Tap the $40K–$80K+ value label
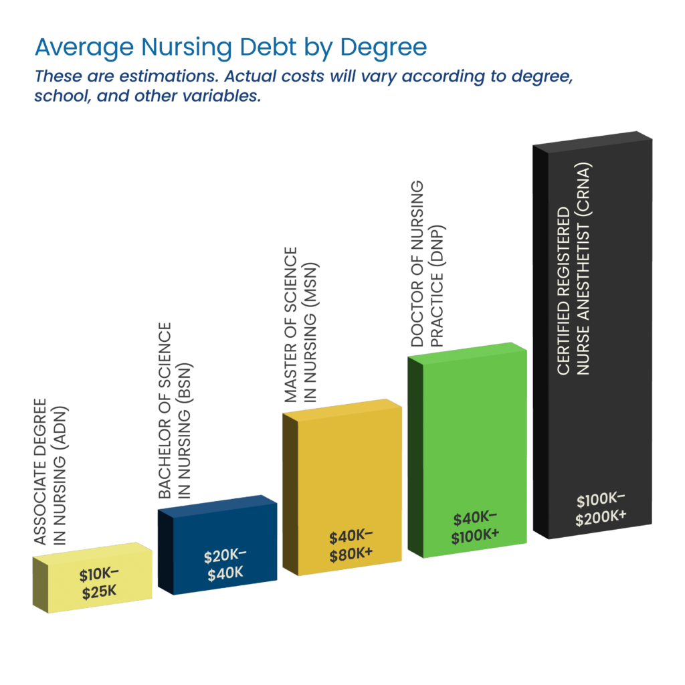[x=351, y=547]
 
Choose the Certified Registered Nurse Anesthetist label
[x=573, y=268]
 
